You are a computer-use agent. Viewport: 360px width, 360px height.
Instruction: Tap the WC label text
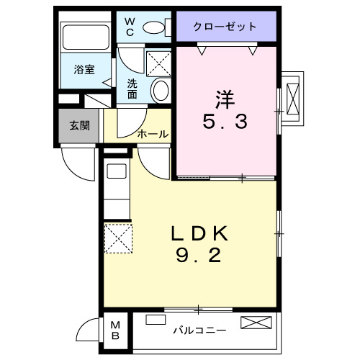click(131, 27)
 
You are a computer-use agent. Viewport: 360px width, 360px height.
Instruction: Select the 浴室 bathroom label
click(84, 70)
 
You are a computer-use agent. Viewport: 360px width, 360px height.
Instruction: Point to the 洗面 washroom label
click(132, 89)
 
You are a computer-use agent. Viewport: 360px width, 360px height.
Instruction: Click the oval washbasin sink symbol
click(161, 90)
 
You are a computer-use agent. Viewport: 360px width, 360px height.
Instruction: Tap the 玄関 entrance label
click(79, 125)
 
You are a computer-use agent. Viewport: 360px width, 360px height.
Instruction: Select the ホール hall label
click(153, 134)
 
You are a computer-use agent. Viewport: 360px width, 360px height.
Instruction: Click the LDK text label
click(199, 233)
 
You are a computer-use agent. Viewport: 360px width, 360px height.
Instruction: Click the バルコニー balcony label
click(199, 331)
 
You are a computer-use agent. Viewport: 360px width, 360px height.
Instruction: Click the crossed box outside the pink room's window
click(293, 96)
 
